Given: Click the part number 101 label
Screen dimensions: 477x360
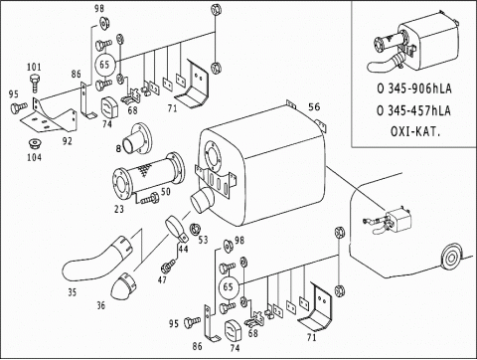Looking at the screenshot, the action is (x=34, y=67).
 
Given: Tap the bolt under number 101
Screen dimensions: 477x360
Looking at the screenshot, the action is (x=35, y=84).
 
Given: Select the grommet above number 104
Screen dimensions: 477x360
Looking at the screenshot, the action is (x=35, y=144).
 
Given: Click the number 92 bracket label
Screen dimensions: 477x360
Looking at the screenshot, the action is (x=67, y=141).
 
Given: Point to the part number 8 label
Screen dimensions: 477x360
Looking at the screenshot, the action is (x=118, y=149).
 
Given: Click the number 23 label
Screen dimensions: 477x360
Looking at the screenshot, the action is (x=119, y=209).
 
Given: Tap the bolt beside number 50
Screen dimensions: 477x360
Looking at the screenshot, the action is (x=149, y=199).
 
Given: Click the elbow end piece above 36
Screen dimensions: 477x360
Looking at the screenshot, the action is (x=124, y=285).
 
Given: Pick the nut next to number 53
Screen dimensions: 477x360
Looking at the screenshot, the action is (x=195, y=230).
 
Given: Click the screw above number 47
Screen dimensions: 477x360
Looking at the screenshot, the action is (x=168, y=266).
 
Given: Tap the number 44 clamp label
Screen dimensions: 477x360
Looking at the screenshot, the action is (x=183, y=249).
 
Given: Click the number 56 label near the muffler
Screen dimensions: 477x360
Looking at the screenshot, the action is (x=314, y=106).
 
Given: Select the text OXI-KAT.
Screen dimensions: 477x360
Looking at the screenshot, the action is (x=415, y=131).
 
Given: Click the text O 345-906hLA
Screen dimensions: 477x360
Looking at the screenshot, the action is (x=414, y=89).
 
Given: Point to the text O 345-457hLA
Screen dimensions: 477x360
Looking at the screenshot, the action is (x=414, y=110).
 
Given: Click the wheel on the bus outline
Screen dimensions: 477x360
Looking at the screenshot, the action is (x=451, y=257).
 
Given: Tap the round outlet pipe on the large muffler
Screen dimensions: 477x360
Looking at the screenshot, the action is (x=203, y=200).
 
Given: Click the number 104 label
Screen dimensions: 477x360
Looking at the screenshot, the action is (x=34, y=157).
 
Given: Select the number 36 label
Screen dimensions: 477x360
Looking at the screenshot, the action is (x=101, y=305).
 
